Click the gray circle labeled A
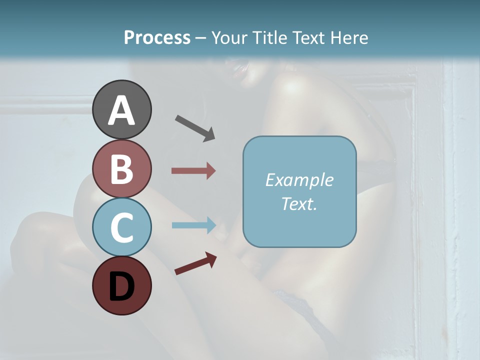pyautogui.click(x=122, y=109)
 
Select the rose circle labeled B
pyautogui.click(x=122, y=168)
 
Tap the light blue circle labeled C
pyautogui.click(x=122, y=227)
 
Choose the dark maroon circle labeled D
pyautogui.click(x=122, y=285)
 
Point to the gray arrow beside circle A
pyautogui.click(x=195, y=128)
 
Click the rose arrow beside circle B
pyautogui.click(x=193, y=170)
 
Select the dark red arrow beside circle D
pyautogui.click(x=195, y=263)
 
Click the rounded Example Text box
pyautogui.click(x=299, y=191)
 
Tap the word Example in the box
pyautogui.click(x=299, y=180)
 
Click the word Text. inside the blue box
pyautogui.click(x=299, y=203)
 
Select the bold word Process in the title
pyautogui.click(x=157, y=37)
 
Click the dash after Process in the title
pyautogui.click(x=201, y=38)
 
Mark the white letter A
pyautogui.click(x=122, y=110)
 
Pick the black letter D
pyautogui.click(x=122, y=286)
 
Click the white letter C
pyautogui.click(x=122, y=227)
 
